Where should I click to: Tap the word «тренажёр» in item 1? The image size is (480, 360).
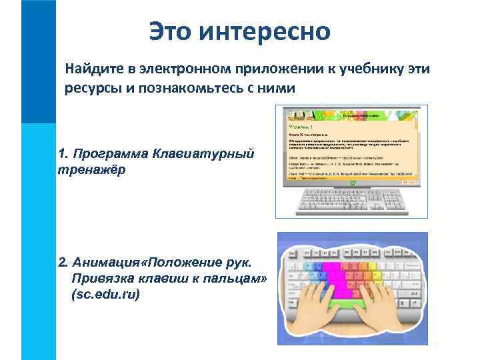[x=91, y=169]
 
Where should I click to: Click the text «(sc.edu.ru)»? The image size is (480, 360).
[x=105, y=294]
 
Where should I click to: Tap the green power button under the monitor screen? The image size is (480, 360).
[x=352, y=181]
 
